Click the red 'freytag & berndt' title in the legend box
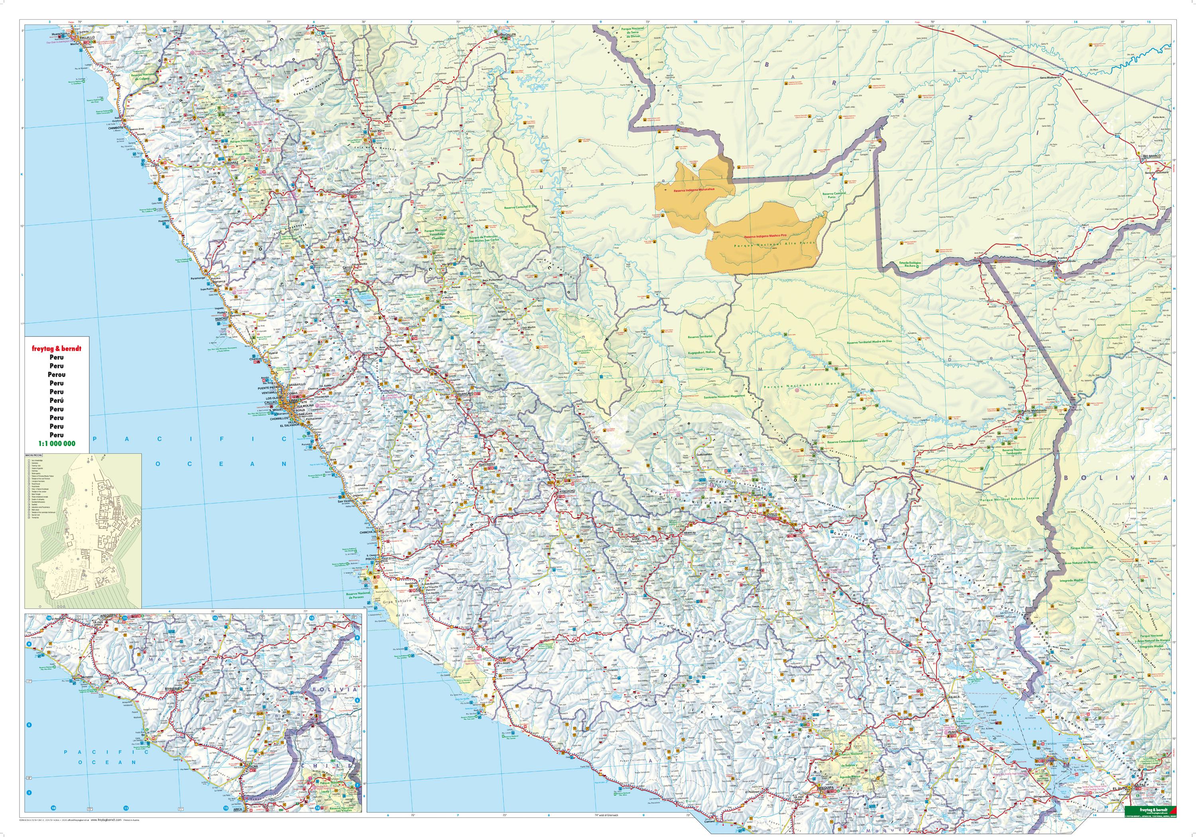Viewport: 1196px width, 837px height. pyautogui.click(x=57, y=348)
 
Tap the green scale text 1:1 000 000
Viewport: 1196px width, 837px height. pyautogui.click(x=57, y=444)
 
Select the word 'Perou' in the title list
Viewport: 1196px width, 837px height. pyautogui.click(x=57, y=375)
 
